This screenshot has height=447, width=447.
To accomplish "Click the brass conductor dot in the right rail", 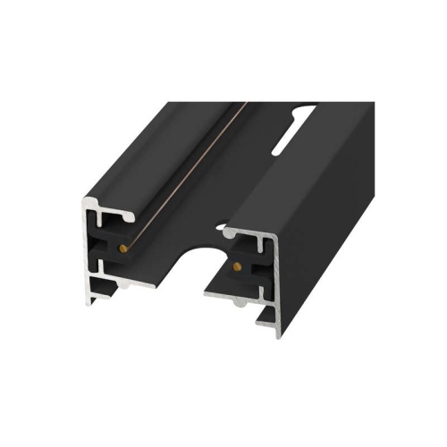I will (x=236, y=266).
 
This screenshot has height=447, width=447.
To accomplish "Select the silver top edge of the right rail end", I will (x=255, y=235).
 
